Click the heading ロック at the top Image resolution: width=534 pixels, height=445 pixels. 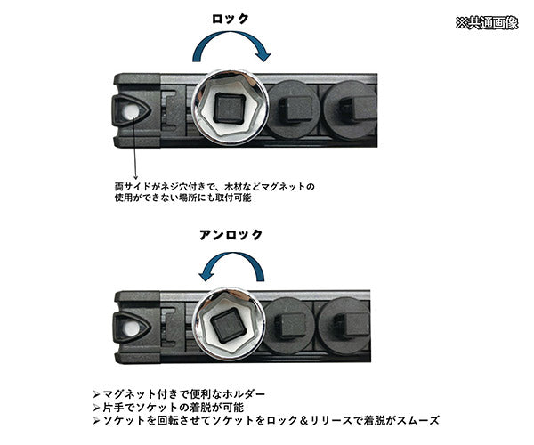point(230,19)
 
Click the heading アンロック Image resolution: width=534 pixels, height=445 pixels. point(231,236)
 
